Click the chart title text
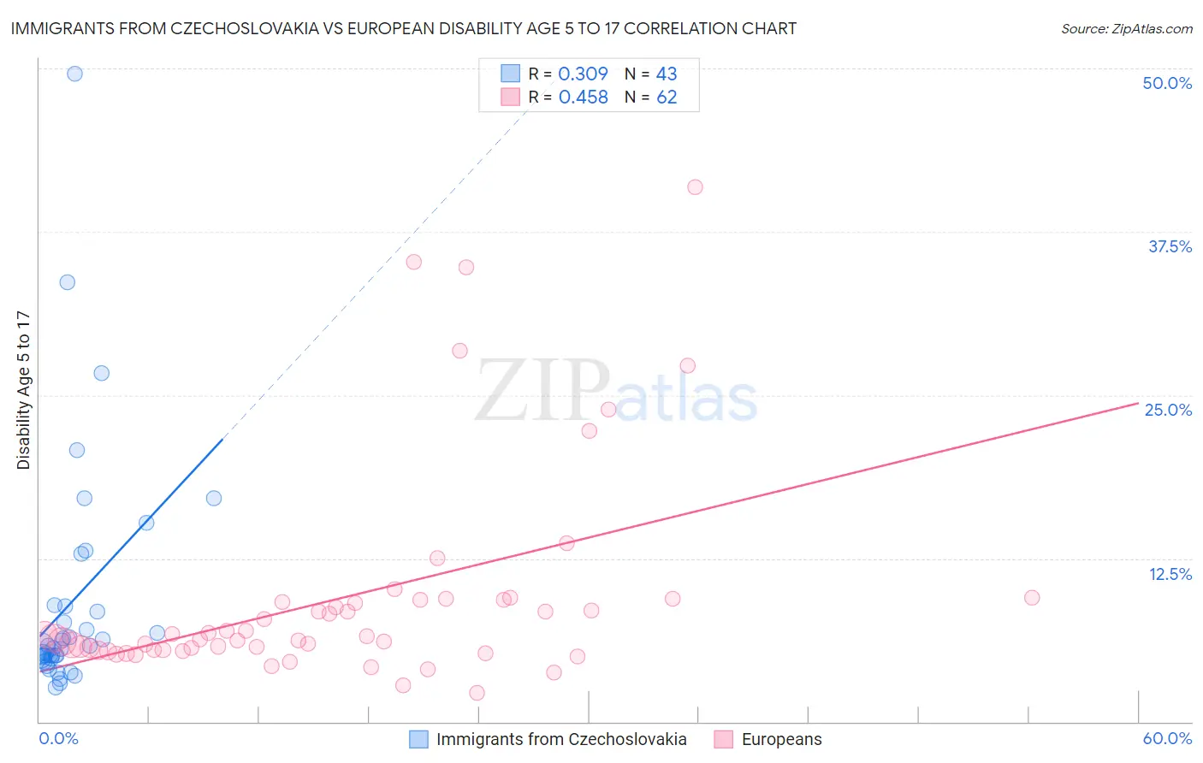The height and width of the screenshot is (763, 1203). (x=403, y=28)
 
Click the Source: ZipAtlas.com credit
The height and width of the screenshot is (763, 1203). (x=1126, y=28)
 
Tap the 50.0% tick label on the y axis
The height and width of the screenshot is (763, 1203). (x=1166, y=83)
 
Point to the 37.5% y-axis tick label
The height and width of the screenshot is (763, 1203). (x=1169, y=246)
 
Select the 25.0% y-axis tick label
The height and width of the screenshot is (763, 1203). (x=1167, y=410)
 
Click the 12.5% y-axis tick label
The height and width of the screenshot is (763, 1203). (x=1170, y=573)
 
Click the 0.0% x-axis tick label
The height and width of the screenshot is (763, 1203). (x=58, y=738)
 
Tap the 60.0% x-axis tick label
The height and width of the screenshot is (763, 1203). (x=1166, y=738)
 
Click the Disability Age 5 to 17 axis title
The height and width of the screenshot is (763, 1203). (x=23, y=390)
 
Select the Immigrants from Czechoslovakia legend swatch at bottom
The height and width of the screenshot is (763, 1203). (x=418, y=739)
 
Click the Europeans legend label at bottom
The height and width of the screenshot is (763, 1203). (x=781, y=739)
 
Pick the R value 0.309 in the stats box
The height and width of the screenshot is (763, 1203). (x=583, y=74)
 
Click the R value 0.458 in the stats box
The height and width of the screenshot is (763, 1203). (x=583, y=98)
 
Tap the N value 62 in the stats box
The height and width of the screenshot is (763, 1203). (x=667, y=98)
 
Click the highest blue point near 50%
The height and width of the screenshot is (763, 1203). (x=74, y=74)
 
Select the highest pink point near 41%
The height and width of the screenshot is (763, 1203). (x=695, y=187)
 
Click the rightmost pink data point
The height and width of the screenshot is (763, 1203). (x=1032, y=598)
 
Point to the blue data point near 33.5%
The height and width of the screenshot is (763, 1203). (x=67, y=282)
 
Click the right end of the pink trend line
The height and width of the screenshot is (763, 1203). (x=1137, y=402)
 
